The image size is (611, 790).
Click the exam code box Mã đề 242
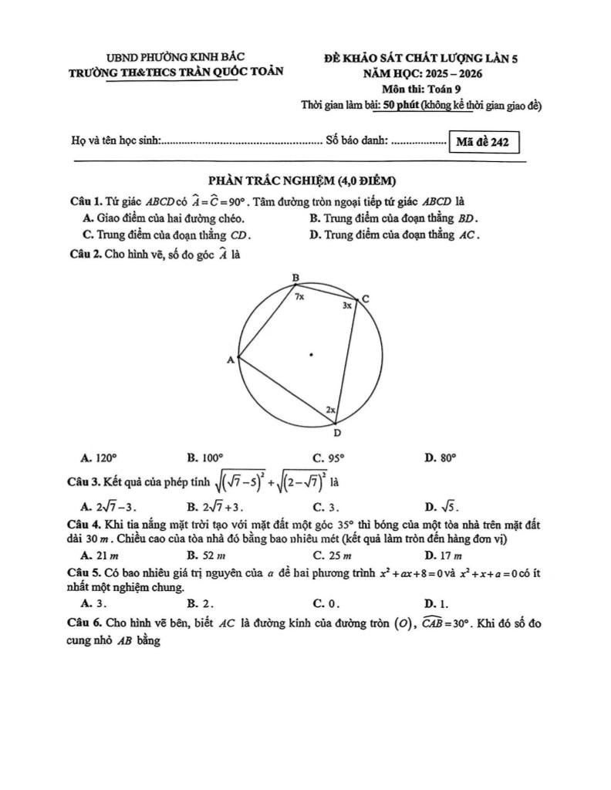coord(483,142)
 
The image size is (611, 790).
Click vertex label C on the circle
coord(366,299)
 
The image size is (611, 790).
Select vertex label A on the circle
coord(230,360)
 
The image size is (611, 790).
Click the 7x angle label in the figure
coord(299,295)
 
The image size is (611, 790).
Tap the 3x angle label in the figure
coord(347,306)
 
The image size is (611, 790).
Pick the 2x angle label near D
coord(329,410)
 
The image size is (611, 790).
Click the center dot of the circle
coord(311,355)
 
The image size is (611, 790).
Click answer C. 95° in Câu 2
coord(328,457)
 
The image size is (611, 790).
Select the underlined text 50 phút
coord(400,106)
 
